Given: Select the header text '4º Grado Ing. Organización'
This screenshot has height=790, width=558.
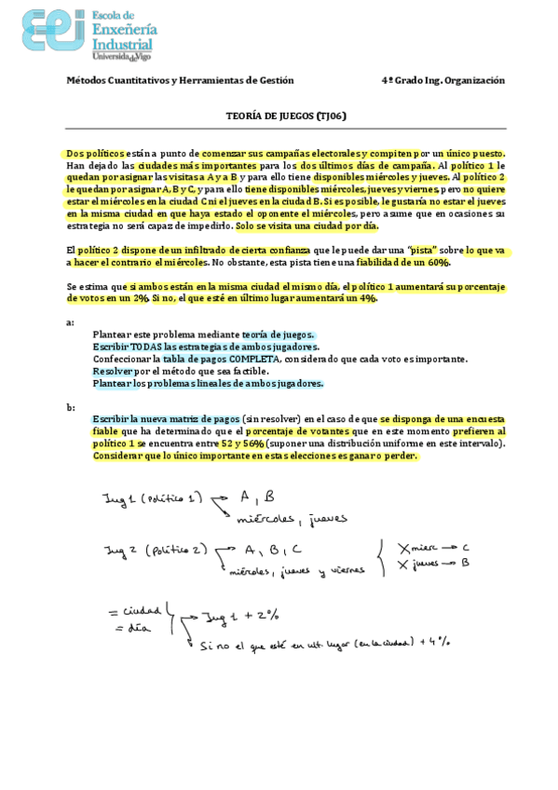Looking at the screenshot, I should click(x=443, y=80).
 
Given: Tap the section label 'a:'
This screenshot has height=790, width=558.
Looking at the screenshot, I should click(x=70, y=322).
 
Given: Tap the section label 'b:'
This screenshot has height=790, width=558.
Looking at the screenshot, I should click(x=70, y=407).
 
